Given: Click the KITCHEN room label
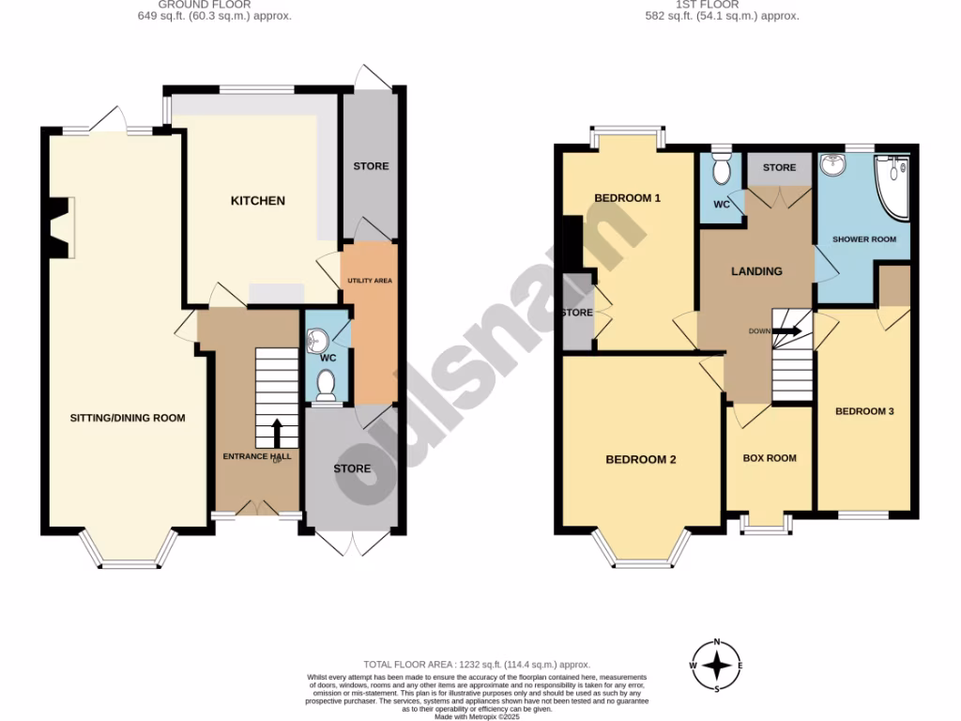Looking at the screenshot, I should (x=257, y=201).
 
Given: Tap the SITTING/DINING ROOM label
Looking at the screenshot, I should (x=128, y=418).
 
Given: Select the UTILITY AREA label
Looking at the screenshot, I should (x=369, y=280).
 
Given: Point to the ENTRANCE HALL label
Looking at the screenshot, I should (x=256, y=456).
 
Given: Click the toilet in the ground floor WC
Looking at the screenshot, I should (x=326, y=384).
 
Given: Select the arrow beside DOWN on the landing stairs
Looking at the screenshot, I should (x=788, y=330).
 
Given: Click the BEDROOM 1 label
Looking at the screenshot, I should (x=628, y=198).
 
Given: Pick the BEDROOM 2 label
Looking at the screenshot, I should (x=641, y=459).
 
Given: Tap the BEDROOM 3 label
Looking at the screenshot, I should (x=864, y=411).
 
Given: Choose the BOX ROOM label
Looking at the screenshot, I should (x=770, y=458).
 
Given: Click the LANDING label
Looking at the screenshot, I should (x=756, y=271).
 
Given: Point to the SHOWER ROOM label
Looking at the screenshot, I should (x=864, y=239).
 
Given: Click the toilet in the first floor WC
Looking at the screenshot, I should (x=721, y=171).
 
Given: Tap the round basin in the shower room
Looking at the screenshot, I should (x=832, y=166).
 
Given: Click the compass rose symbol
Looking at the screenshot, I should (x=718, y=666).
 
